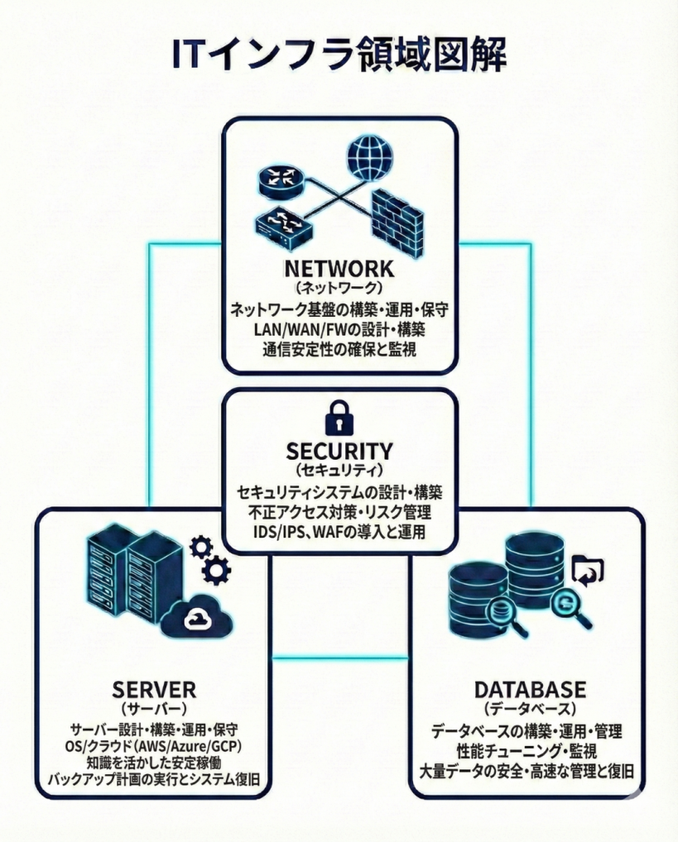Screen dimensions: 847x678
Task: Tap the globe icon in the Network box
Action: tap(369, 157)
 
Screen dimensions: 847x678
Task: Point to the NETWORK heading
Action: tap(339, 270)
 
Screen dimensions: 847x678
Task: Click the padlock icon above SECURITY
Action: tap(339, 418)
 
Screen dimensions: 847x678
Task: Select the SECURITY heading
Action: tap(339, 452)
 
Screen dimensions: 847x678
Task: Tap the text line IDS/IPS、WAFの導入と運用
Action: tap(339, 532)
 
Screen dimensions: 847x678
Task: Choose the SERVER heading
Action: tap(154, 689)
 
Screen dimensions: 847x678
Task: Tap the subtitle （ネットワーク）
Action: tap(339, 290)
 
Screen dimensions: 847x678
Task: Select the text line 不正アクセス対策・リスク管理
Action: tap(339, 513)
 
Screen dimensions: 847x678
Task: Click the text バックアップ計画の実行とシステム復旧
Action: tap(154, 782)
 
